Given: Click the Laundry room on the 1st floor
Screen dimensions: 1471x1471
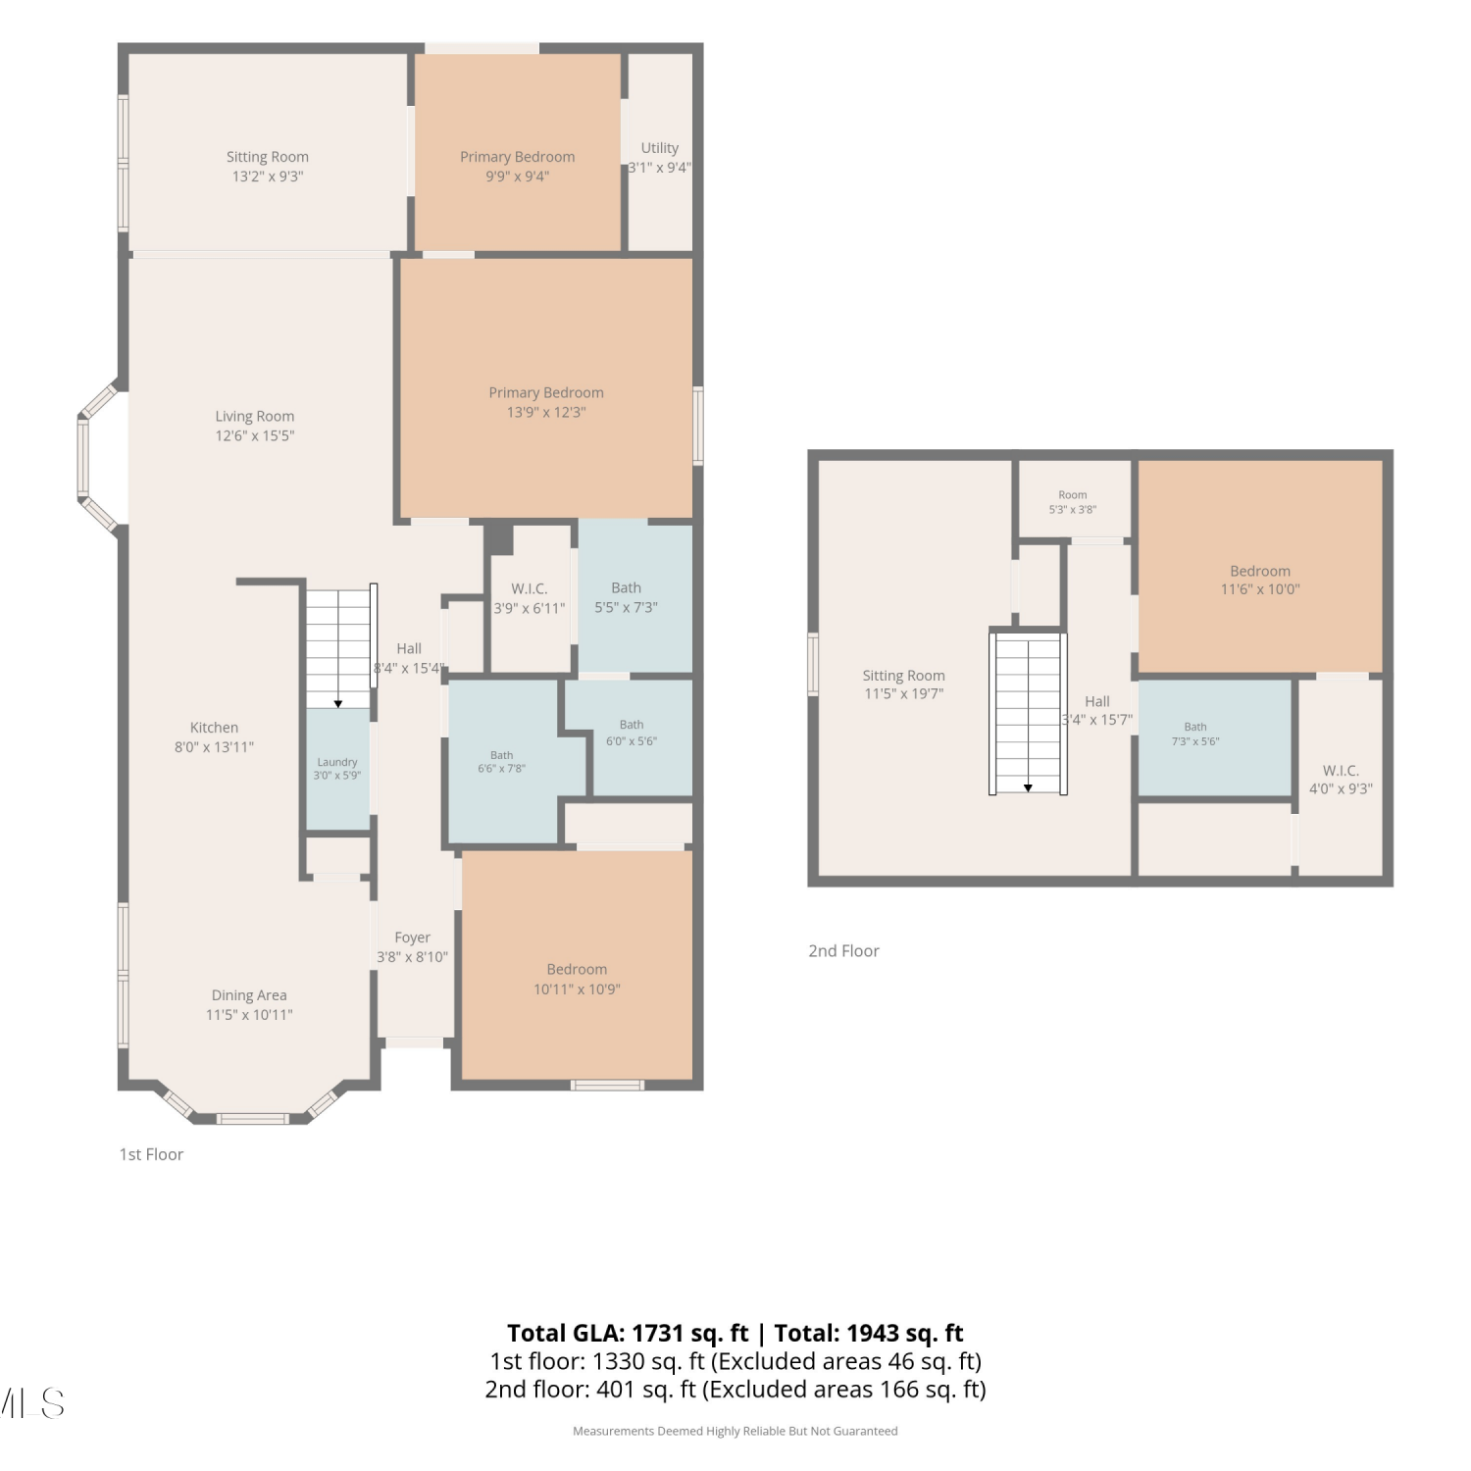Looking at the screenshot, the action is [x=337, y=769].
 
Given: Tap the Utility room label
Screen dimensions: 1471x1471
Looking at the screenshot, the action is [x=660, y=158].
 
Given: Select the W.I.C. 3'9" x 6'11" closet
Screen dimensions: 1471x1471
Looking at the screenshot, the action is [x=530, y=598].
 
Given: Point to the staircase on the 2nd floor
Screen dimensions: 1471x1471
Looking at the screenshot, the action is [x=1028, y=713].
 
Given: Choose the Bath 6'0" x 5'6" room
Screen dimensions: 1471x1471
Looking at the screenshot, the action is [x=631, y=737].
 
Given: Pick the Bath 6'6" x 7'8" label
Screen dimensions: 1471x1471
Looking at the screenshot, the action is [x=502, y=762].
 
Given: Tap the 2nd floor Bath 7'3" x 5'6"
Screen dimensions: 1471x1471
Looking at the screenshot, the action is [x=1214, y=737].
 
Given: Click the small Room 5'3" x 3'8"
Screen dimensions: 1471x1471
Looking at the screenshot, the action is [x=1074, y=500].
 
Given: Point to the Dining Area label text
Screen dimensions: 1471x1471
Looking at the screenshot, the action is [x=249, y=995].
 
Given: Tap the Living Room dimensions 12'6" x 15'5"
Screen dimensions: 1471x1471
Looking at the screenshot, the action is [x=255, y=435].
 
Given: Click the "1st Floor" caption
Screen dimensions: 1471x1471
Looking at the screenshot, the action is [x=151, y=1154].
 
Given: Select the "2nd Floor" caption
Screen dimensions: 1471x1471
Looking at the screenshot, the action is [x=843, y=950].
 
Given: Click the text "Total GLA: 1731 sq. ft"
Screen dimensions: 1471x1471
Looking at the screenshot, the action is [x=628, y=1333].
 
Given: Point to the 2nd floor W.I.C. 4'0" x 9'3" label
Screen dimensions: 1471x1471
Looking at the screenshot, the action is [x=1341, y=780].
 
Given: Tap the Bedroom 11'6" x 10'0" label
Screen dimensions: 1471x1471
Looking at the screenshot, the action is [x=1260, y=580].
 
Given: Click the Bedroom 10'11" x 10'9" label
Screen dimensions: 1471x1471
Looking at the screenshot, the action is [x=577, y=979].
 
